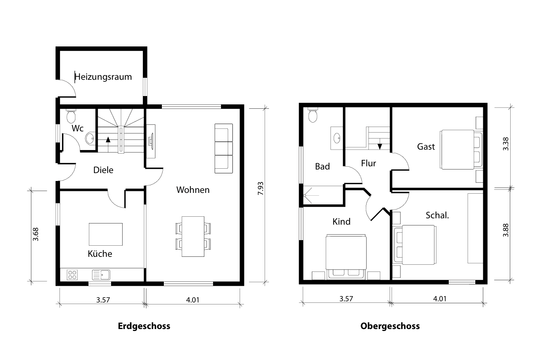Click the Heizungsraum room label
click(103, 77)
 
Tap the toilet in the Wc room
click(71, 116)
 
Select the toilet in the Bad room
click(313, 115)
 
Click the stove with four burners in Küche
click(73, 274)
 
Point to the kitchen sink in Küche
click(102, 274)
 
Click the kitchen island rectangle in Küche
click(106, 234)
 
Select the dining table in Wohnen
click(193, 236)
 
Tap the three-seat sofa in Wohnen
click(223, 148)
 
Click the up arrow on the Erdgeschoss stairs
click(108, 139)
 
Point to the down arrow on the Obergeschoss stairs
click(380, 146)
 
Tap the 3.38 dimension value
click(505, 144)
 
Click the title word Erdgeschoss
click(144, 326)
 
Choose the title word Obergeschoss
click(390, 326)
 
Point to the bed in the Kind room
click(345, 254)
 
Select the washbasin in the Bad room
click(337, 138)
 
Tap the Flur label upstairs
click(368, 163)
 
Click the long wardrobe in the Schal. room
click(475, 228)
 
